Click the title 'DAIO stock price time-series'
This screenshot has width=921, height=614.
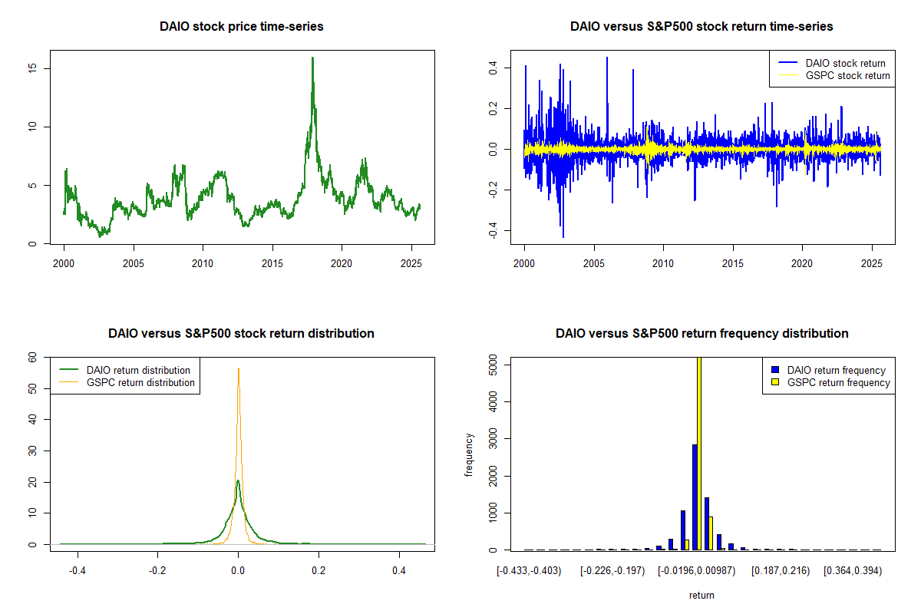pos(242,27)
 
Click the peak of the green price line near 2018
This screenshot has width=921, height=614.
pos(312,58)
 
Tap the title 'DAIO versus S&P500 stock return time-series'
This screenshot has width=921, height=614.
pos(701,27)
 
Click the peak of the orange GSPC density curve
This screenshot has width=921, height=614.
pos(238,368)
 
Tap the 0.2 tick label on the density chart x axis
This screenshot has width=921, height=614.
pos(319,571)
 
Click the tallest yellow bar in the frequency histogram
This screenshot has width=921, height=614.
pos(698,453)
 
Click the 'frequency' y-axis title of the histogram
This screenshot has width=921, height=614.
pos(470,454)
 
